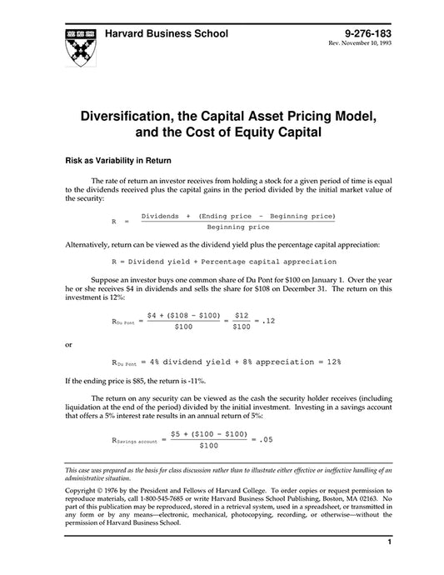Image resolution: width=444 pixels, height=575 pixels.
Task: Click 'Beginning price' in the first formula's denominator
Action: [238, 227]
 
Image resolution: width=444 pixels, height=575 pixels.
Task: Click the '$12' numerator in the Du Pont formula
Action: [240, 315]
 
